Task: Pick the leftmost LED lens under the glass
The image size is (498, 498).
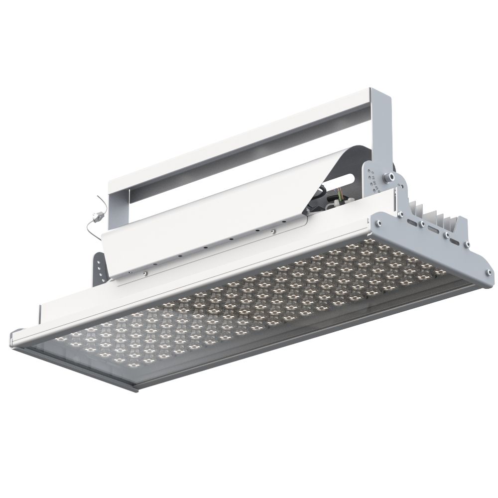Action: pos(61,339)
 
